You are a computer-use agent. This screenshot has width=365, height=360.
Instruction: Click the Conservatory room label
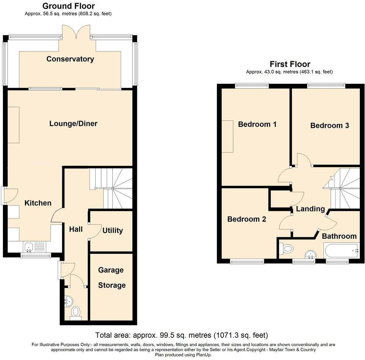(x=70, y=59)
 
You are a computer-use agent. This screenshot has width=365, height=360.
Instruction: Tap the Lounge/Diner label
(x=73, y=123)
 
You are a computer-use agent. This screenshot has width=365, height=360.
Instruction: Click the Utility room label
(x=113, y=230)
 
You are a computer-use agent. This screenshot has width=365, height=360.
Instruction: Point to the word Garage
(x=111, y=270)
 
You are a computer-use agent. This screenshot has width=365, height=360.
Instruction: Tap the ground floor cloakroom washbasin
(x=68, y=300)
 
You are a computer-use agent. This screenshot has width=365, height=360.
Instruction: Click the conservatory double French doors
(x=77, y=33)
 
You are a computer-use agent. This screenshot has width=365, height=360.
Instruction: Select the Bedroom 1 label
(x=257, y=124)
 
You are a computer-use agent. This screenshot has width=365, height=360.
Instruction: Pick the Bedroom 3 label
(x=330, y=126)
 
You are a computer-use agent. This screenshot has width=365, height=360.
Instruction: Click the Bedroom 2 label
(x=246, y=219)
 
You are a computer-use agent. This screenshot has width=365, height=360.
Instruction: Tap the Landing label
(x=310, y=209)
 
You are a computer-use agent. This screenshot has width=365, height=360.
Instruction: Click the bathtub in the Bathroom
(x=341, y=251)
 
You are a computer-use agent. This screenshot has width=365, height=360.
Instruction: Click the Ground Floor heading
(x=68, y=6)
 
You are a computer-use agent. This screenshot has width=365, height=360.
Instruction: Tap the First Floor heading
(x=290, y=64)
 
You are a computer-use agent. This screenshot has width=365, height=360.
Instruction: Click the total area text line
(x=181, y=335)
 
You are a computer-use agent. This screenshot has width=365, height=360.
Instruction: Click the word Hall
(x=76, y=229)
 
